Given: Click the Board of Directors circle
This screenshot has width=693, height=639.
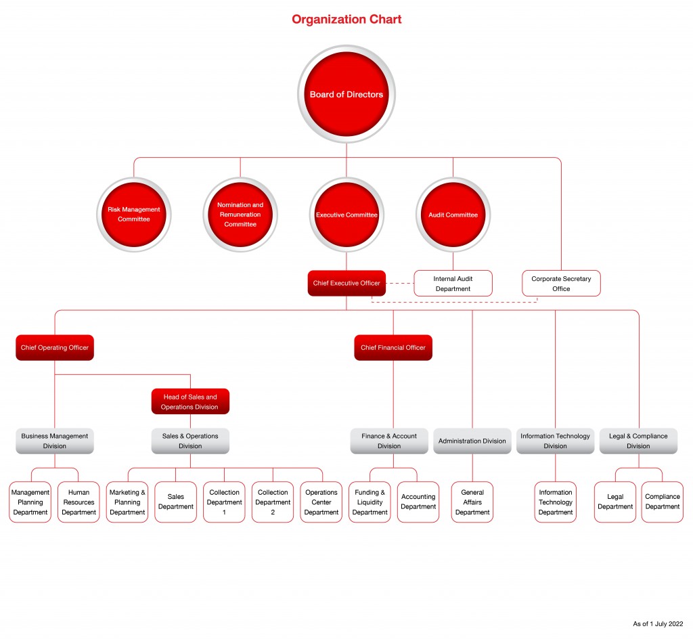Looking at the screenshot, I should tap(346, 94).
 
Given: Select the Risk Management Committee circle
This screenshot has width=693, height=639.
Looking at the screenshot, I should tap(134, 215).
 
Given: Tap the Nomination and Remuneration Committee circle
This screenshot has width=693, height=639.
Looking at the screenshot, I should tap(240, 215).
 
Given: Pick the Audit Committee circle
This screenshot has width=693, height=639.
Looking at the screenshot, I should tap(453, 215).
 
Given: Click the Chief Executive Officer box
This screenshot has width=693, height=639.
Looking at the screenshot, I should tap(346, 283).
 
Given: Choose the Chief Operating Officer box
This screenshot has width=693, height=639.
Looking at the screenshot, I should tap(55, 348).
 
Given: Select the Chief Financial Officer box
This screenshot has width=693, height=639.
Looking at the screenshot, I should tap(393, 348).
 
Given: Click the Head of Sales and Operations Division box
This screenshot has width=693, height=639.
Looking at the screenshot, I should tap(190, 401).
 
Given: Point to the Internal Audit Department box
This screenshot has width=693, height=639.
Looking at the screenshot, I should tap(453, 284).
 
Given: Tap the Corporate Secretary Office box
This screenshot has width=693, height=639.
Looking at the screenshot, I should tap(561, 284).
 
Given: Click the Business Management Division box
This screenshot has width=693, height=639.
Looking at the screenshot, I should tap(55, 441).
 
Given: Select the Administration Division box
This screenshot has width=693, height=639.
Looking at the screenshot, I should tap(472, 441).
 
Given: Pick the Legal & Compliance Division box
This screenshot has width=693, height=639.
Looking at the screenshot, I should tap(638, 441).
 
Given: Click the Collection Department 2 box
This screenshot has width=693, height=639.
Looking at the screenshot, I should tap(273, 502).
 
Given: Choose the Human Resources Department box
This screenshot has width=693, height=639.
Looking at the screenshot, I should tap(79, 502).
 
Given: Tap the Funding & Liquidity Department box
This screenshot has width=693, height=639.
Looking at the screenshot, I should tap(370, 502).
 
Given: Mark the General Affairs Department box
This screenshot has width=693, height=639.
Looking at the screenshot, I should tap(472, 502).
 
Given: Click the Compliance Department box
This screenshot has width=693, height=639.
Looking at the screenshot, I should tap(663, 502).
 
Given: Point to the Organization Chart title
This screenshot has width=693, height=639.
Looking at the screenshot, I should tap(346, 20).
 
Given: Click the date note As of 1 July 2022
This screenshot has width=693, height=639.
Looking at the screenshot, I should tap(658, 624).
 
